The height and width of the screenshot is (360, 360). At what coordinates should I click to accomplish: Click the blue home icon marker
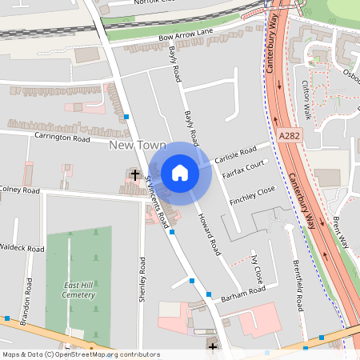[180, 173]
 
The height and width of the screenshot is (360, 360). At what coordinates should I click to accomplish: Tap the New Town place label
[138, 146]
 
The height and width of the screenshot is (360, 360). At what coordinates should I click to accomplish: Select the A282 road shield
[290, 138]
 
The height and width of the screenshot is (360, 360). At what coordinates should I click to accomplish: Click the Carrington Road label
[62, 138]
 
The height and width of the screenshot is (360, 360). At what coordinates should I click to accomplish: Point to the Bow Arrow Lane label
[186, 34]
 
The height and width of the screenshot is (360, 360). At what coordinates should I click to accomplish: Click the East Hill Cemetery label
[79, 290]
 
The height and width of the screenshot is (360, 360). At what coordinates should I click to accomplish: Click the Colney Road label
[19, 190]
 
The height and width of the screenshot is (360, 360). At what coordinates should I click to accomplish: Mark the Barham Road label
[243, 292]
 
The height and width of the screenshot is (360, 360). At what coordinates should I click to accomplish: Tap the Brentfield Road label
[298, 286]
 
